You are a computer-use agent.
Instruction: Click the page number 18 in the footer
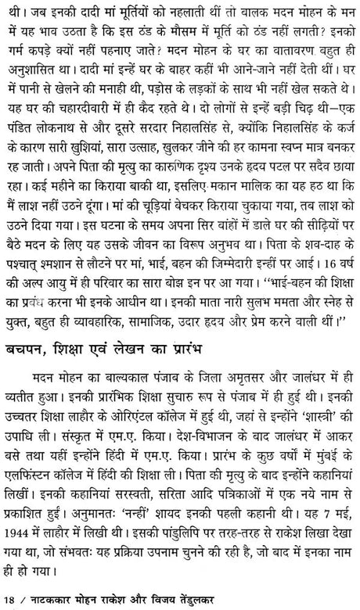pos(10,600)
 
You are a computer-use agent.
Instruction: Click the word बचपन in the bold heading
pos(28,346)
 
